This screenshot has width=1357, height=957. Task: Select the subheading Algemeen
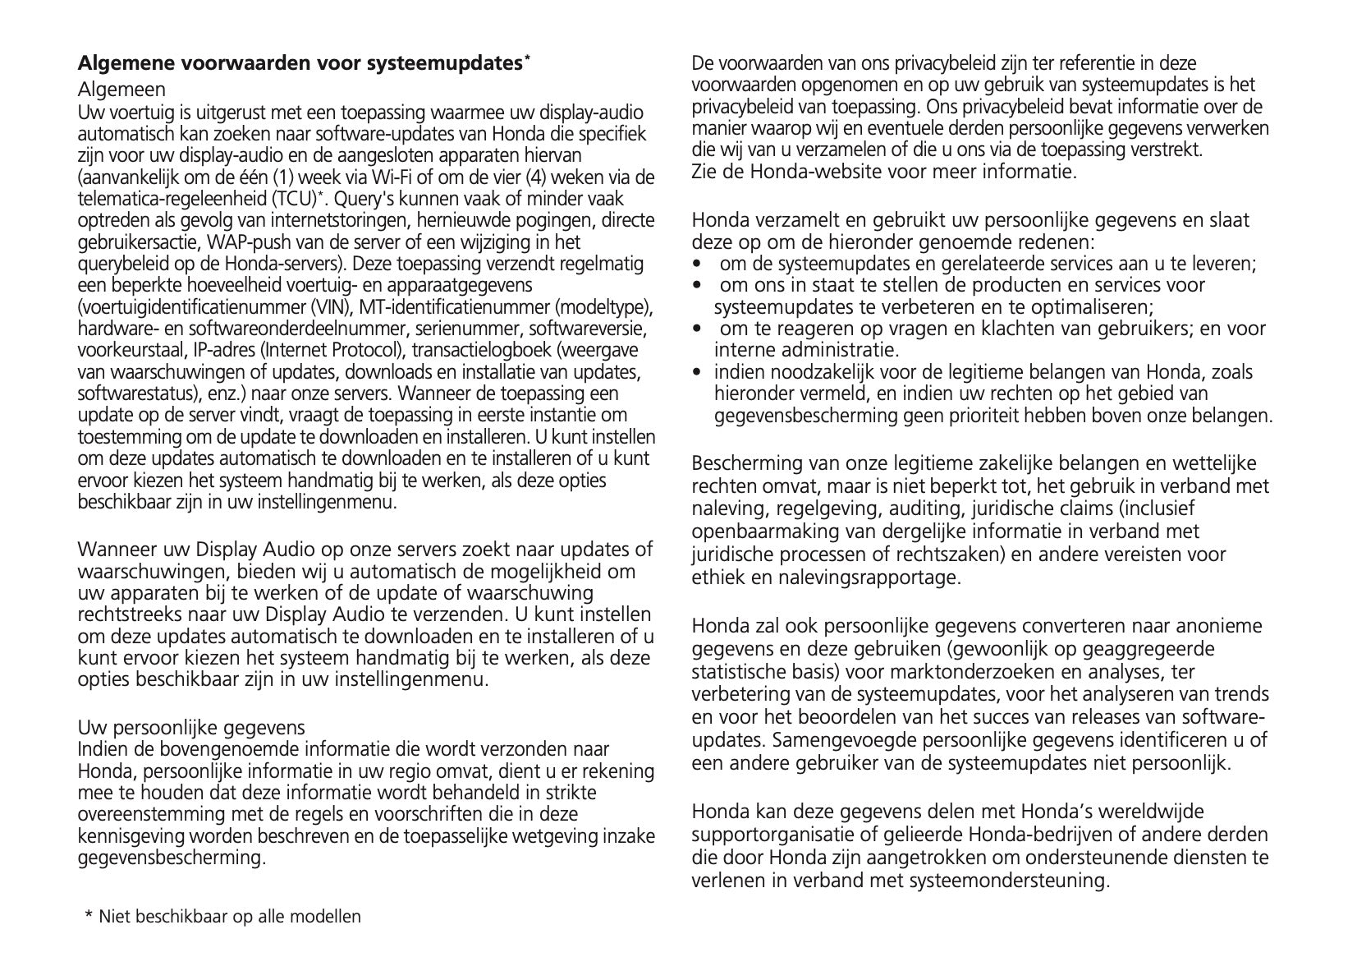click(x=121, y=89)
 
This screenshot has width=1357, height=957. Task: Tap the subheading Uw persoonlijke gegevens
click(x=190, y=727)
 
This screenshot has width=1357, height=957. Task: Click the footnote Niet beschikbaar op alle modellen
click(x=229, y=916)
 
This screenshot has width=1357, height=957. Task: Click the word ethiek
click(x=719, y=577)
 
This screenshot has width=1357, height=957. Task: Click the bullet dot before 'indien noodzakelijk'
click(x=697, y=372)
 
